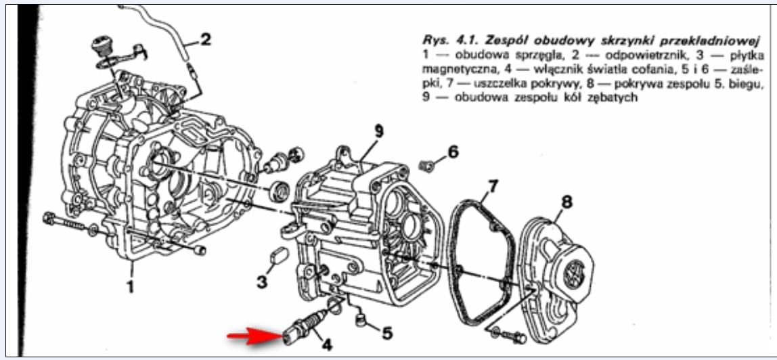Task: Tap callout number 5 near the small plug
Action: coord(386,332)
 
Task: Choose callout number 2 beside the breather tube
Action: coord(205,39)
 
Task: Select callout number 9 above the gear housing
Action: coord(379,131)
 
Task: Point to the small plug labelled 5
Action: coord(361,317)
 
